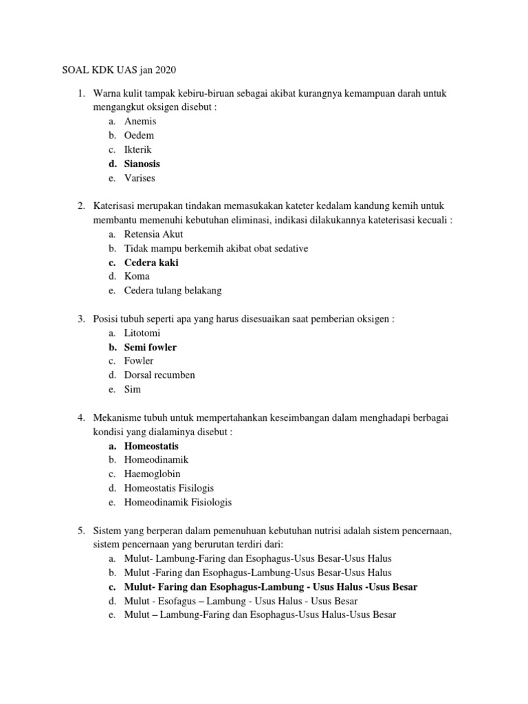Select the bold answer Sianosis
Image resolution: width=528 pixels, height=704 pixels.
coord(142,164)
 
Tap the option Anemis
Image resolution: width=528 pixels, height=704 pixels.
coord(140,121)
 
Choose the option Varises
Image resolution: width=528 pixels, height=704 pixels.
coord(140,178)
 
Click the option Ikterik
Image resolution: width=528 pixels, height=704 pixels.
coord(138,149)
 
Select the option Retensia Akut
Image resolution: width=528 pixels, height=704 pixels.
coord(154,234)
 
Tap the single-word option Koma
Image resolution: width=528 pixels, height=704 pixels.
coord(137,276)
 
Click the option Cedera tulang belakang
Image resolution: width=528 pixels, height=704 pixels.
coord(173,291)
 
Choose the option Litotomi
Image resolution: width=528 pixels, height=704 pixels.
coord(142,333)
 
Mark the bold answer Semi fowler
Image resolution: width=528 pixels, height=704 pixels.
coord(151,347)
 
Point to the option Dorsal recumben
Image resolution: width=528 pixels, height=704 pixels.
coord(159,375)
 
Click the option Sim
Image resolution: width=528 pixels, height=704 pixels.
coord(133,390)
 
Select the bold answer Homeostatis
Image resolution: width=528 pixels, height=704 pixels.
coord(151,446)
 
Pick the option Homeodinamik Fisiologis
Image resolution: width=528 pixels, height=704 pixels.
coord(178,503)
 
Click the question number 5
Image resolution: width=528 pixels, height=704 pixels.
coord(80,531)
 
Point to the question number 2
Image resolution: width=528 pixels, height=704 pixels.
coord(80,206)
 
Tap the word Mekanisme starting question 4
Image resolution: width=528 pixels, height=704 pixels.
coord(118,418)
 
